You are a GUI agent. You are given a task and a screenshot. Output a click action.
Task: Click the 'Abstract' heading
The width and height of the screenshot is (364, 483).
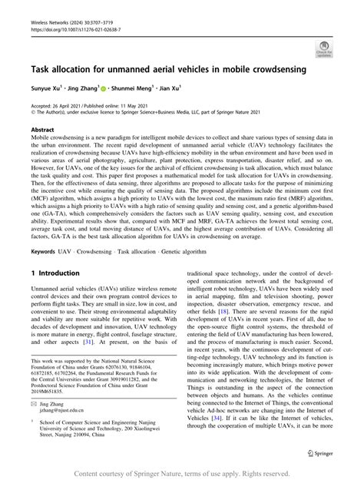coord(42,131)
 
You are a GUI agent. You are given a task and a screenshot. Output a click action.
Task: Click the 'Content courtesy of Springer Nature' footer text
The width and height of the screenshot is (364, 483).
coord(181,475)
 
